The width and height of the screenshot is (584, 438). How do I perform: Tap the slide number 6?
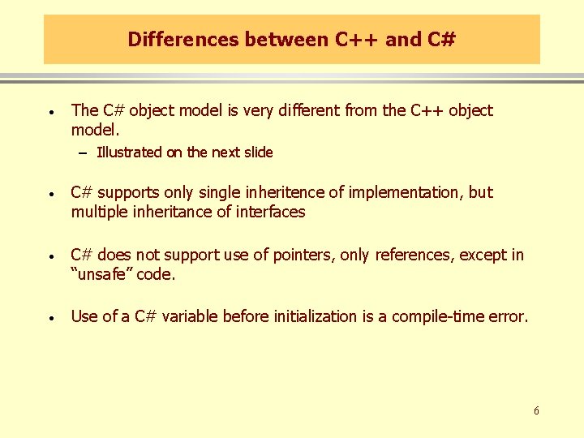pos(536,411)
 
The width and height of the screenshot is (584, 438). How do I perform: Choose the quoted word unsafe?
pos(101,274)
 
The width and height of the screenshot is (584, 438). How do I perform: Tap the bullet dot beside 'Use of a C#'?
pos(50,318)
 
